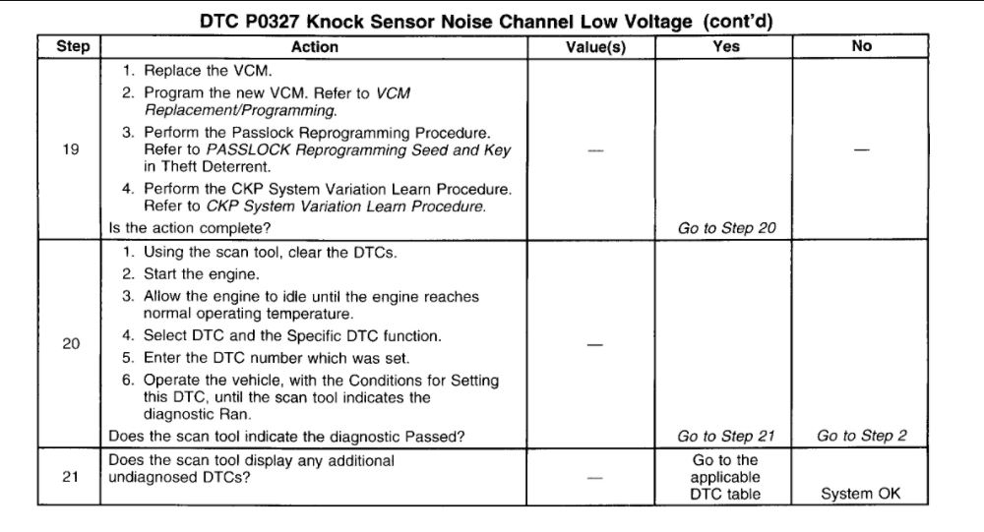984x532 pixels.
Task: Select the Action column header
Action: coord(315,46)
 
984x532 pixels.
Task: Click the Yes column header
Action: coord(727,46)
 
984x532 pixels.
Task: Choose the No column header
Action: coord(861,46)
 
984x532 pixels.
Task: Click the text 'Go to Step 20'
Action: coord(727,228)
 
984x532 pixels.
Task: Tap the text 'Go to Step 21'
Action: coord(727,437)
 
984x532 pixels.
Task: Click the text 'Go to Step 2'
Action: coord(861,437)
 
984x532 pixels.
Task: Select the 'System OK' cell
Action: coord(861,495)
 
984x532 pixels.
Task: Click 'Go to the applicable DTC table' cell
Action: coord(727,477)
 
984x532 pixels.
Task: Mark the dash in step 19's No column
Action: coord(861,150)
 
